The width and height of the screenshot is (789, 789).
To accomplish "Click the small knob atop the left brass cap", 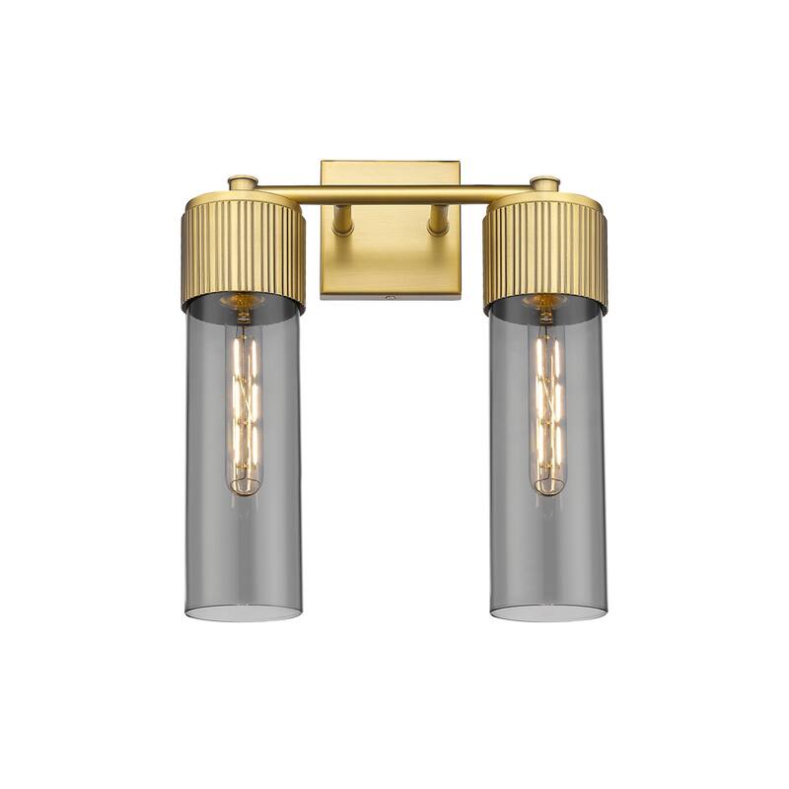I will [243, 182].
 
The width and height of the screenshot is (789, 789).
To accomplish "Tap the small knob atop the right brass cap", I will [544, 182].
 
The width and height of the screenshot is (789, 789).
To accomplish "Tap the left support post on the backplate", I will [343, 219].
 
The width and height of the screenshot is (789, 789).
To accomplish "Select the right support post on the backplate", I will [437, 219].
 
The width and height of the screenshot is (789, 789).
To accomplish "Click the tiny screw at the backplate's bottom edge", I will [391, 294].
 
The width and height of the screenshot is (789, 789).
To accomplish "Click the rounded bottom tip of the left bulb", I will [243, 489].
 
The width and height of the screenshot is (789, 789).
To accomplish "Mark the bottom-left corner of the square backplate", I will [323, 295].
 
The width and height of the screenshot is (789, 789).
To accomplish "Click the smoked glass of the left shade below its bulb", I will [243, 552].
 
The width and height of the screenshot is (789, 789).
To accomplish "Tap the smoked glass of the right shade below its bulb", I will [546, 552].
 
